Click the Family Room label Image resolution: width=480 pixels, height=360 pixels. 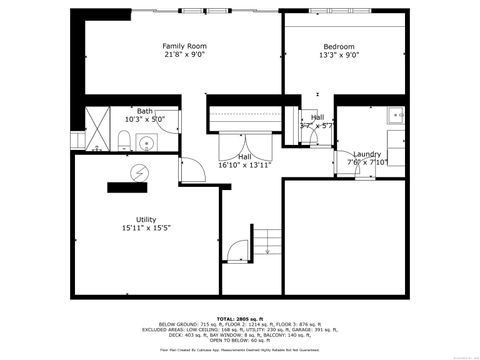184,46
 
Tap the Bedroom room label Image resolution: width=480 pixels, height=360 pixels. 338,46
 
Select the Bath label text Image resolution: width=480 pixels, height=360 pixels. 145,111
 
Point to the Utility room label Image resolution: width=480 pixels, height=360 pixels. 146,219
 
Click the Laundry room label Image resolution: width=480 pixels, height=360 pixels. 367,154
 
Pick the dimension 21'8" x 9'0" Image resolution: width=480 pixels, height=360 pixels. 184,55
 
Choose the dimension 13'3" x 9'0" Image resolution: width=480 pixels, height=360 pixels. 338,55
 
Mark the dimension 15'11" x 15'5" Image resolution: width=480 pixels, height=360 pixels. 146,228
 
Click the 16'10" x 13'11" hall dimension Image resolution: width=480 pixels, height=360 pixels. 245,165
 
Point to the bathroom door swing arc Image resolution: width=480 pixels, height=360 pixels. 189,170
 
